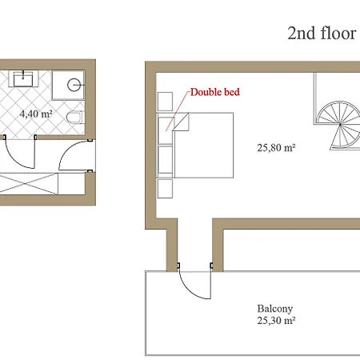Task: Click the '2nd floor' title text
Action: click(322, 33)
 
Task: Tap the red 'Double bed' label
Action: click(215, 92)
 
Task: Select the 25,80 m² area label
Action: click(276, 147)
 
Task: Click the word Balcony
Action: click(275, 309)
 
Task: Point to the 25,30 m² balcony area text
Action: click(276, 320)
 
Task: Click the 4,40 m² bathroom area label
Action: click(36, 114)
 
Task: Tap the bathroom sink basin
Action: click(23, 79)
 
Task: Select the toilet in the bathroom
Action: click(75, 118)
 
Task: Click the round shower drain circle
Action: click(74, 85)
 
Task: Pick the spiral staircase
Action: click(339, 126)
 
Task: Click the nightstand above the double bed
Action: click(165, 102)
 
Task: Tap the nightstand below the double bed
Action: click(165, 189)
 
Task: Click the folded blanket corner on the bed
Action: click(181, 122)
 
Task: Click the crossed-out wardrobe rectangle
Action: click(29, 183)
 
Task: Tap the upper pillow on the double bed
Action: click(166, 130)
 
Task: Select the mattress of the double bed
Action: click(203, 146)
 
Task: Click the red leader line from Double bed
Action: click(178, 110)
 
